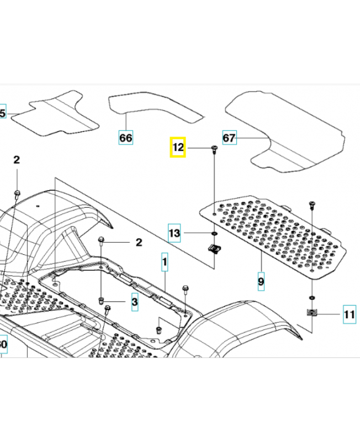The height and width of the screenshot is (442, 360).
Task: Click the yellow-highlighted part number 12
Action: coord(178,148)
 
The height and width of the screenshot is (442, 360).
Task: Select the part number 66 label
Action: coord(126,137)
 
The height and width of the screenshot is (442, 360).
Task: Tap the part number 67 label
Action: coord(229,137)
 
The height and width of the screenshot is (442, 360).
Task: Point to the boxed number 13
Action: coord(174,234)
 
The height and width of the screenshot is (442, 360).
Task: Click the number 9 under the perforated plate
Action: coord(261,281)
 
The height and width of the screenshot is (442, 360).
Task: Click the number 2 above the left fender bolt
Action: coord(17,160)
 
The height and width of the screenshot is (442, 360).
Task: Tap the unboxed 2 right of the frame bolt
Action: coord(139,242)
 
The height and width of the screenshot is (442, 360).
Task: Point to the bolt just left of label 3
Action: coord(102,301)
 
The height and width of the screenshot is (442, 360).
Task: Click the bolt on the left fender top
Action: coord(17,193)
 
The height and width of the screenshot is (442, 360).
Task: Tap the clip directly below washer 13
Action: coord(213,248)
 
